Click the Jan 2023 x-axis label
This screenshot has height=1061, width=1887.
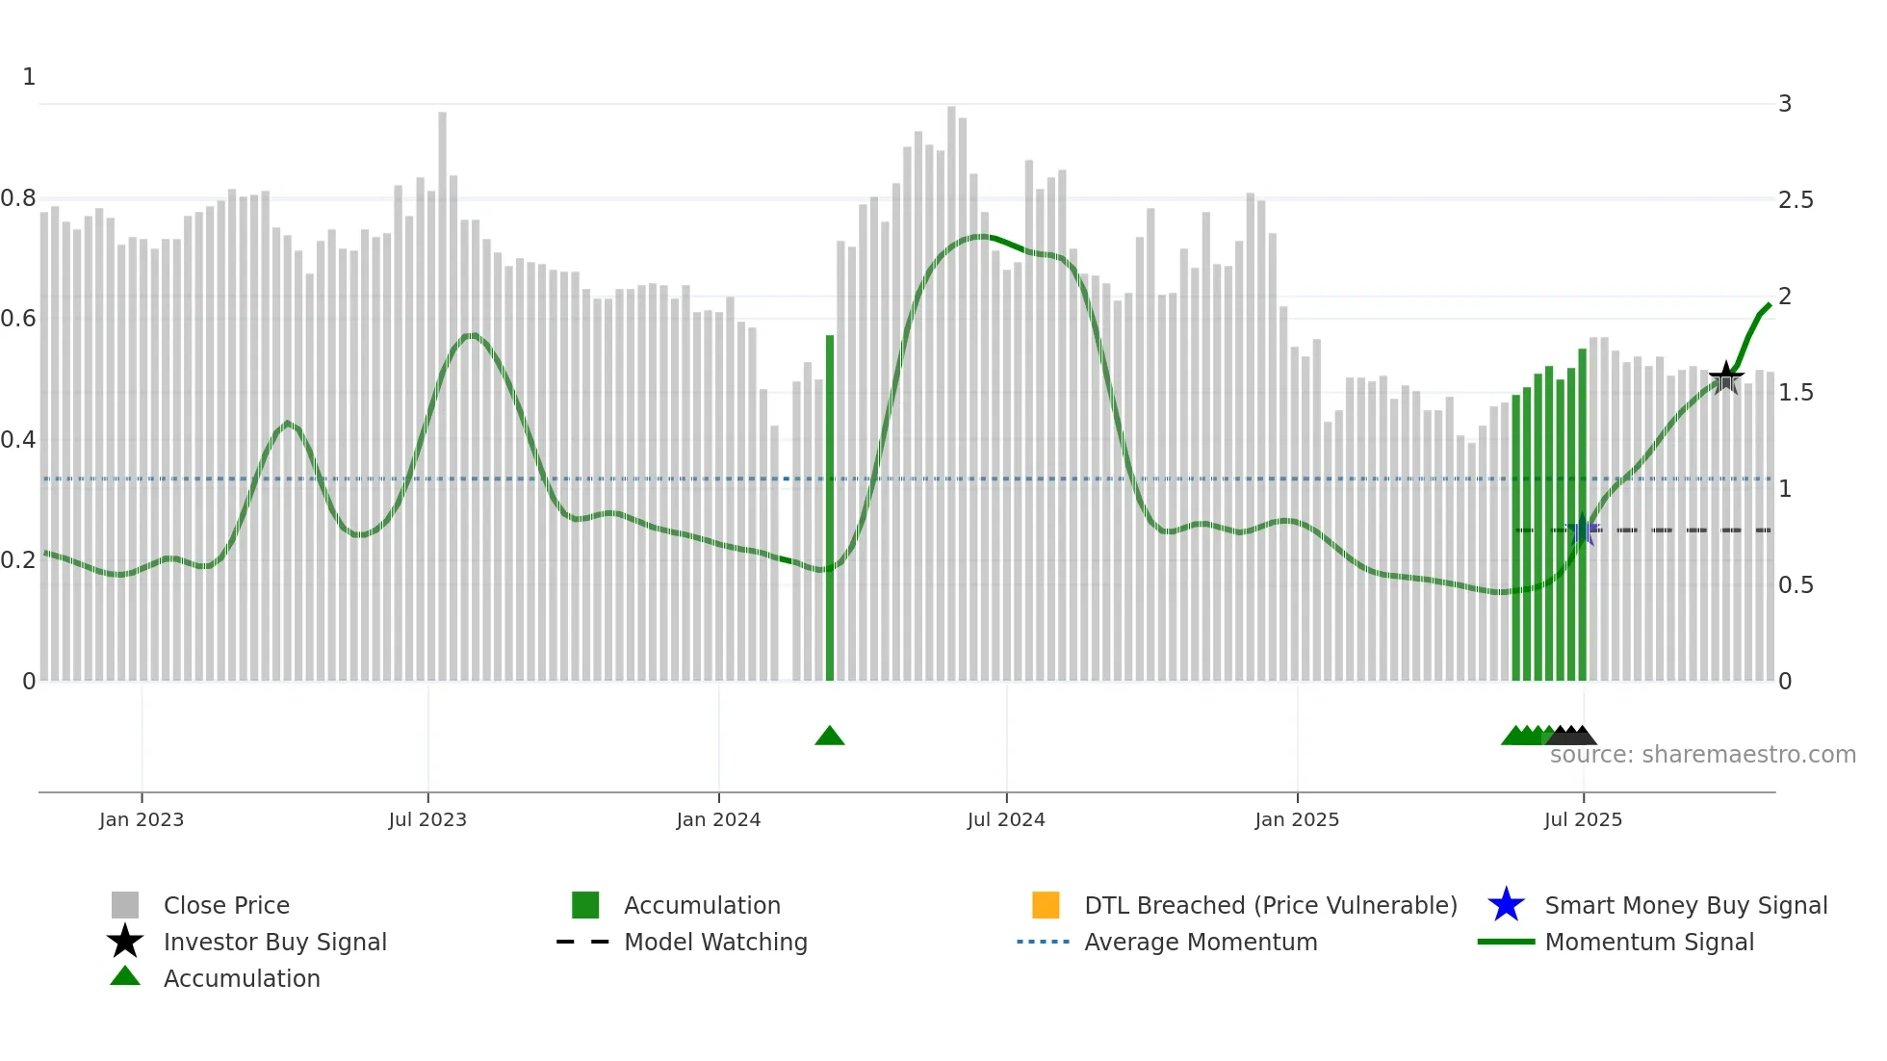(x=142, y=819)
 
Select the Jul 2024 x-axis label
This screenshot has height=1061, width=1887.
(x=1006, y=819)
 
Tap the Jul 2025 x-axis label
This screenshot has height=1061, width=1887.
(x=1583, y=819)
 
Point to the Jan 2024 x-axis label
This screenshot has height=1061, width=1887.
(x=718, y=819)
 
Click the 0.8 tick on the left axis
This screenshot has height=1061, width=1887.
(x=18, y=198)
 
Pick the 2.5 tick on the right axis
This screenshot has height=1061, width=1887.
(x=1796, y=199)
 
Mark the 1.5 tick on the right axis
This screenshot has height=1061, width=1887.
(x=1796, y=392)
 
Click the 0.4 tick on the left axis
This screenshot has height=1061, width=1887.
(x=18, y=440)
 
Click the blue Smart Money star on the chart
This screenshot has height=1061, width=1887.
(x=1582, y=530)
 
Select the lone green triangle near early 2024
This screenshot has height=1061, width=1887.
(x=829, y=737)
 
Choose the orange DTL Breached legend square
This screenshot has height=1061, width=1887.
(x=1046, y=905)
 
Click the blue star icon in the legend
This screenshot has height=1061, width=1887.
(x=1506, y=905)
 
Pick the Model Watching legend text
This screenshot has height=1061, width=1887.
(x=715, y=942)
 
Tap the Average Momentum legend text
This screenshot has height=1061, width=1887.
(x=1201, y=942)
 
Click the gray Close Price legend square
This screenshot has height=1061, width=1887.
(x=125, y=905)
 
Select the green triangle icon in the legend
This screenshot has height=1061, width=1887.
(x=125, y=976)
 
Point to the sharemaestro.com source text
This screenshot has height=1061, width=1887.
(x=1702, y=755)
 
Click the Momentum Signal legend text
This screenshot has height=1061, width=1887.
(x=1649, y=942)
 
